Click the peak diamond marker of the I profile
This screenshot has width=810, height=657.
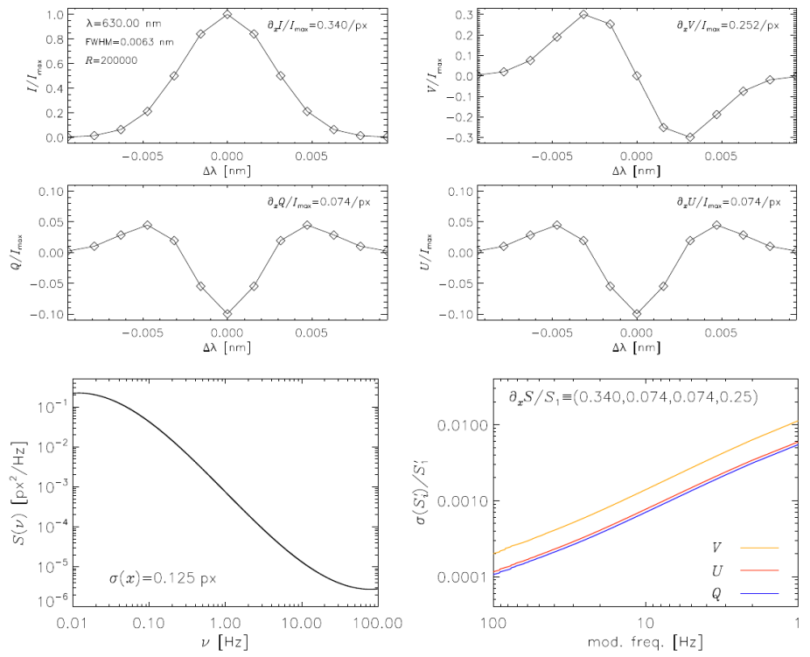click(227, 14)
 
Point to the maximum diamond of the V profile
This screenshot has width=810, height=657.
click(583, 14)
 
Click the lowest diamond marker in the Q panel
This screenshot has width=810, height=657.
click(227, 313)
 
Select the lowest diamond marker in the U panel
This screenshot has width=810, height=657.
click(637, 313)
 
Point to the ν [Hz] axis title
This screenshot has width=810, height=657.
click(226, 645)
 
